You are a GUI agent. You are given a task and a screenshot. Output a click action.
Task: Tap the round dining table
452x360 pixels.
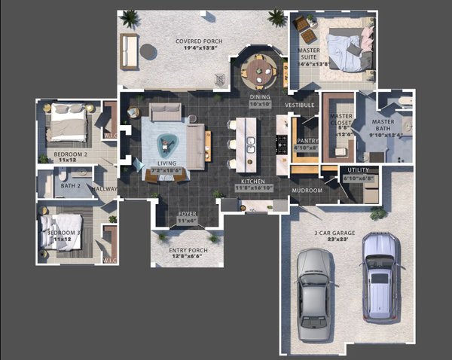coord(259,72)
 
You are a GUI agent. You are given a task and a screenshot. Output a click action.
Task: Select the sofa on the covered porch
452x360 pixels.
coord(129,51)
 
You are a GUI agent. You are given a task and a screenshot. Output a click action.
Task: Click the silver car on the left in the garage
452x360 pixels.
coord(313,293)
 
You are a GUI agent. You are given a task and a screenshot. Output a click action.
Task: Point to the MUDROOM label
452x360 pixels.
coord(307,191)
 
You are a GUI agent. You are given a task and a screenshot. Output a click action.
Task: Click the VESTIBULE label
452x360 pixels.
coord(300,105)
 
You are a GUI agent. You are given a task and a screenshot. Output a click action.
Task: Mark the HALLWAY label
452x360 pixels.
coord(105,189)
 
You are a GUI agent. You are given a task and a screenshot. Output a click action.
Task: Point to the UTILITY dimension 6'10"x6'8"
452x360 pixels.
coord(358,178)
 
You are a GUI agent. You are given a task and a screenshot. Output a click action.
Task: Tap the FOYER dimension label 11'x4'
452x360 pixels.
coord(187,221)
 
